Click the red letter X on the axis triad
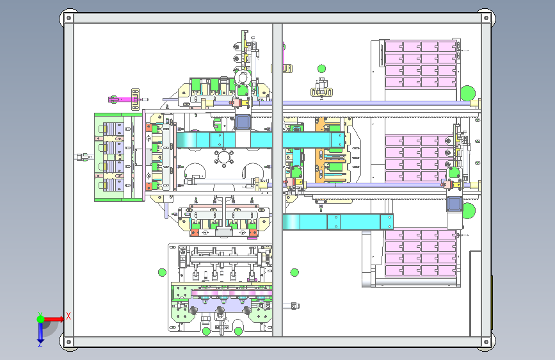pyautogui.click(x=68, y=316)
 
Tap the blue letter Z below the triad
pyautogui.click(x=40, y=344)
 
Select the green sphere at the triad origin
pyautogui.click(x=41, y=319)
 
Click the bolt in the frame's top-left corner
pyautogui.click(x=68, y=18)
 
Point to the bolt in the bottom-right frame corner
pyautogui.click(x=486, y=342)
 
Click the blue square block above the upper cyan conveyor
pyautogui.click(x=243, y=122)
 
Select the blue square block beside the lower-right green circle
pyautogui.click(x=454, y=204)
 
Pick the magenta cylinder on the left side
pyautogui.click(x=123, y=99)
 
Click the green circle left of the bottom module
pyautogui.click(x=162, y=272)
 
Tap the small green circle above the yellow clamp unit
pyautogui.click(x=321, y=69)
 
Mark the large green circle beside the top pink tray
pyautogui.click(x=467, y=93)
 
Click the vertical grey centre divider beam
pyautogui.click(x=278, y=179)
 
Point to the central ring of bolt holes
pyautogui.click(x=223, y=158)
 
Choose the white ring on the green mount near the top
pyautogui.click(x=243, y=78)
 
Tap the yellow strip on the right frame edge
pyautogui.click(x=492, y=302)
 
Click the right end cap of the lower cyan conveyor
pyautogui.click(x=387, y=222)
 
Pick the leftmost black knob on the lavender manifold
pyautogui.click(x=193, y=311)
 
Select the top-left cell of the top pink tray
pyautogui.click(x=394, y=47)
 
